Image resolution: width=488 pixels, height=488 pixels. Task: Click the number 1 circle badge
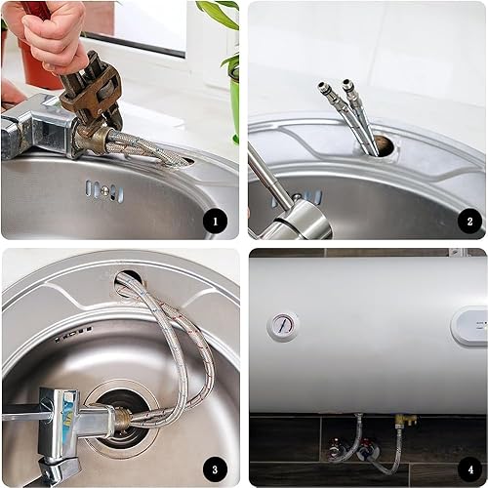(215, 222)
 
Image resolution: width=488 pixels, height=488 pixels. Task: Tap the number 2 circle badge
(469, 222)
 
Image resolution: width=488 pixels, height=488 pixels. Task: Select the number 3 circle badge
(215, 469)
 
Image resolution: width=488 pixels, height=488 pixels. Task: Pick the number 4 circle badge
(470, 469)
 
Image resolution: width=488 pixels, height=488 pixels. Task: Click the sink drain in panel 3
(121, 420)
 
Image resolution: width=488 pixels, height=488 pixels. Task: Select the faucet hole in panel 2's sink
(384, 145)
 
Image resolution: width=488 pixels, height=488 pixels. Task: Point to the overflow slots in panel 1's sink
(104, 190)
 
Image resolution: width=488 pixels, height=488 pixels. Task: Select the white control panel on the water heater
(469, 326)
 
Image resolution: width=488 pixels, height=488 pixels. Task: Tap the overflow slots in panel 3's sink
(73, 334)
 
